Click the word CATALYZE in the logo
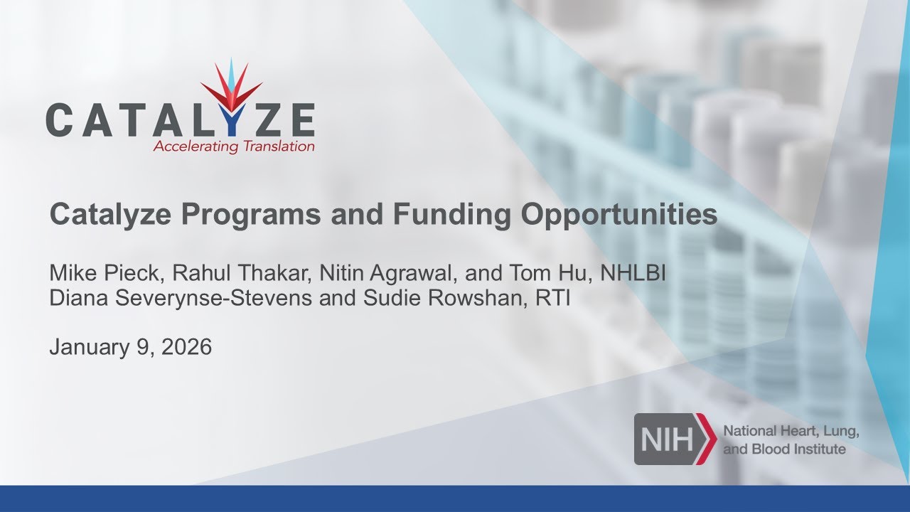180,119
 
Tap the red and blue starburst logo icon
231,89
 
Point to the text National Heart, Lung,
791,432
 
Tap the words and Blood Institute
784,449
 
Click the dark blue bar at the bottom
455,498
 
